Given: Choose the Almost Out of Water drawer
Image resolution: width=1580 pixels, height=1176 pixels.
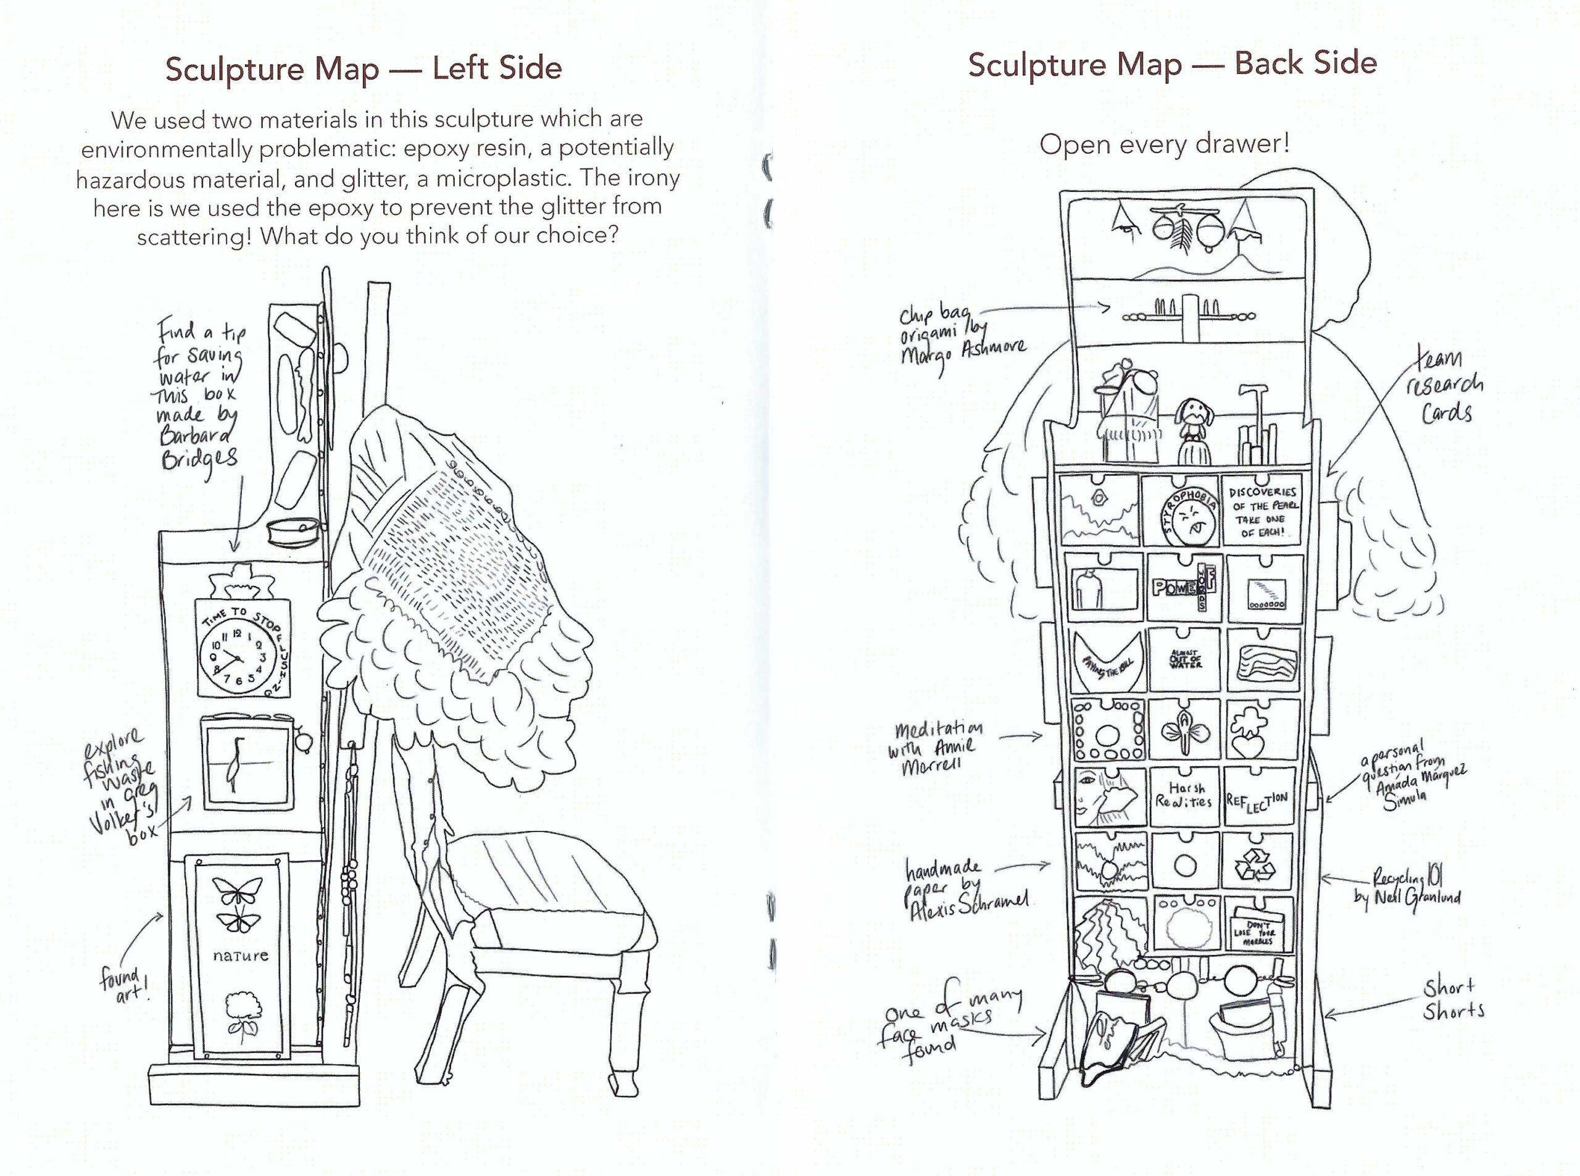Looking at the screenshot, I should (x=1184, y=659).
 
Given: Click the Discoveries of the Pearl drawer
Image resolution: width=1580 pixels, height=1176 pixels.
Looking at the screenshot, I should (x=1260, y=511).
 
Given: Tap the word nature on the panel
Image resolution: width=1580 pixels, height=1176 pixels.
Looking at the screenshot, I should (x=241, y=954).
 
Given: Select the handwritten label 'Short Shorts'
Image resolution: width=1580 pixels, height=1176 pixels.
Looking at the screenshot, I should (x=1453, y=999).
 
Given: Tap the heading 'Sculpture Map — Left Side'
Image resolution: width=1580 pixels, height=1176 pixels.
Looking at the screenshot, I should (x=363, y=69).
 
